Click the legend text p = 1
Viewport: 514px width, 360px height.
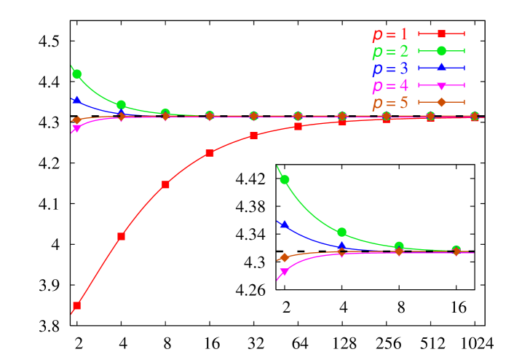pos(390,34)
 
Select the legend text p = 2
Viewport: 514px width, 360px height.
pos(390,51)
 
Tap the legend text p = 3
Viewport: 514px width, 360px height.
pos(390,69)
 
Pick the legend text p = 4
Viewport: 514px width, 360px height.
pos(390,85)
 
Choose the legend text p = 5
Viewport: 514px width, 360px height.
pos(390,103)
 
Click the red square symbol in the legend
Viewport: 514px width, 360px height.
pos(441,34)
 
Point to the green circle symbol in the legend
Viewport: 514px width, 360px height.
pos(441,50)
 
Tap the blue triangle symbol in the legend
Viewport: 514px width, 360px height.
pos(441,67)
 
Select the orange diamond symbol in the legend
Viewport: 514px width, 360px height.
pos(441,102)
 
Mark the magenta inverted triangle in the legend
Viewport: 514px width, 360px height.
pos(441,85)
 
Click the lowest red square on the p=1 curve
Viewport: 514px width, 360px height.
pos(77,306)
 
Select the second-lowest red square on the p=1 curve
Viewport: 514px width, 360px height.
pos(122,236)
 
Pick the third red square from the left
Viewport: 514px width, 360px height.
pos(165,184)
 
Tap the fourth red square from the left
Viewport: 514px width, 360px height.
pos(210,153)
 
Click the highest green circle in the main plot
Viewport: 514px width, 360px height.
pos(77,74)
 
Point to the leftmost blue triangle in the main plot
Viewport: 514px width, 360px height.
pos(76,99)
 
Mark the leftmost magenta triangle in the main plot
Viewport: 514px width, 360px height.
pos(76,129)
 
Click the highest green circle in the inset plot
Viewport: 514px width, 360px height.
pos(285,179)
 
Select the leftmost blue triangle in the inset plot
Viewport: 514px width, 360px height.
pos(284,224)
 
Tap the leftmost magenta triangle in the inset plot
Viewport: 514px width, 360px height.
pos(284,272)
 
